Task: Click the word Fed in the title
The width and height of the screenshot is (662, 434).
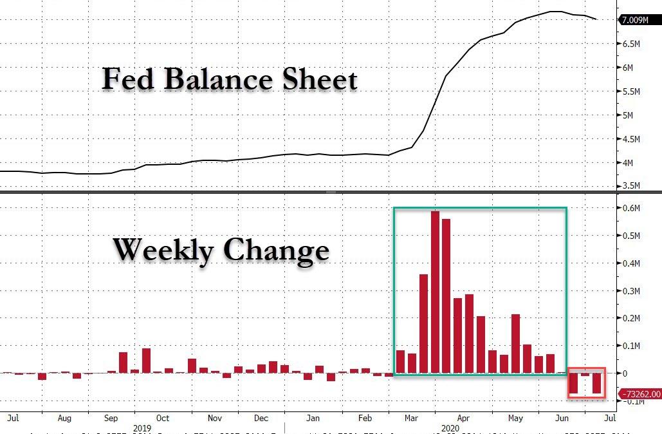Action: (127, 80)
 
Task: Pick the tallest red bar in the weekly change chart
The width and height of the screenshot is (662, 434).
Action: (435, 291)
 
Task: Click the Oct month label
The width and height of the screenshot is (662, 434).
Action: (163, 418)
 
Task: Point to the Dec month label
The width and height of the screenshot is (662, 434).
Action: (261, 418)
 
